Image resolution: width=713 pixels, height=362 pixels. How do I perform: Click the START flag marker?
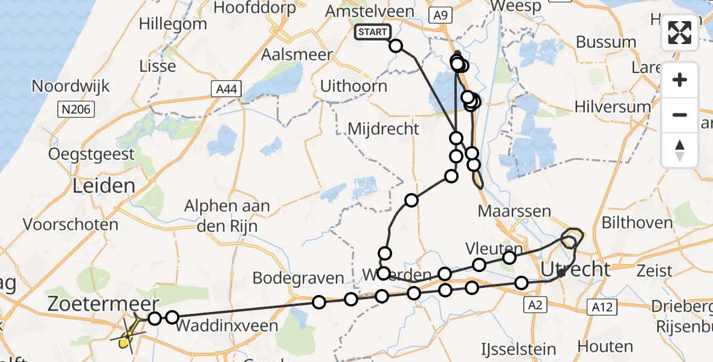tap(372, 32)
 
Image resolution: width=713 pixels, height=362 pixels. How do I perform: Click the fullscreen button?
tap(680, 33)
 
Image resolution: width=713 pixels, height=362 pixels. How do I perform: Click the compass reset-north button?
tap(680, 150)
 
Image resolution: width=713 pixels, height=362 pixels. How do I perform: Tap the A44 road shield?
tap(227, 90)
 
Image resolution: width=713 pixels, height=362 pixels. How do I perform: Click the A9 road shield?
tap(440, 16)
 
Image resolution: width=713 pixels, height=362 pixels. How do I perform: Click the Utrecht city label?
tap(576, 269)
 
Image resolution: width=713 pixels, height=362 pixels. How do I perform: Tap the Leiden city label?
tap(103, 185)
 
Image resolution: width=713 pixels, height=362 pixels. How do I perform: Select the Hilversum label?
tap(613, 107)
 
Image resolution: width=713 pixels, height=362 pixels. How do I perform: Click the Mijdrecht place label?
tap(383, 129)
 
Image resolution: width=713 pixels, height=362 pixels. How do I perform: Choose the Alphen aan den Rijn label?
tap(227, 215)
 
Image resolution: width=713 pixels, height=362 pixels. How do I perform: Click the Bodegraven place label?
tap(298, 278)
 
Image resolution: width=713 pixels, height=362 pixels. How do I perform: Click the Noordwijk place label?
tap(71, 86)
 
